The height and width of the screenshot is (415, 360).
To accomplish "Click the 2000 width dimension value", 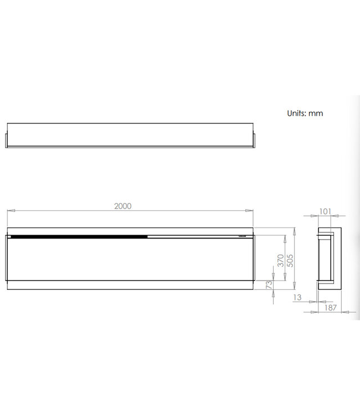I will tap(122, 206).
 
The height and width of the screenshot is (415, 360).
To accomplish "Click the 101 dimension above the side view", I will tap(325, 211).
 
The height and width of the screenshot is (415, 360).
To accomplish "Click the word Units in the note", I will tap(297, 113).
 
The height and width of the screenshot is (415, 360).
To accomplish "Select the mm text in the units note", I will tap(316, 113).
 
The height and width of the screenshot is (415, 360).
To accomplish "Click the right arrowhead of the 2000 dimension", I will tap(251, 210).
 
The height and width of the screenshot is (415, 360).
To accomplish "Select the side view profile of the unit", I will tap(328, 257).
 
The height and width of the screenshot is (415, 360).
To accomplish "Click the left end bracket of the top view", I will tap(7, 137).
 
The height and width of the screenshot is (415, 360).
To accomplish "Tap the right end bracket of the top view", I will tap(254, 137).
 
